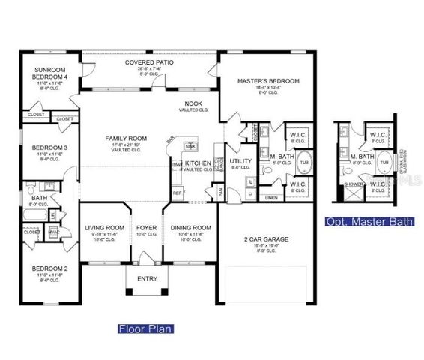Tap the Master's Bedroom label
point(268,81)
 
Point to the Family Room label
point(125,139)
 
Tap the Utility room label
point(240,161)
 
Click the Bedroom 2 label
point(49,268)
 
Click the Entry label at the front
point(146,278)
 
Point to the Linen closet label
point(270,198)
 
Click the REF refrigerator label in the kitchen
point(177,193)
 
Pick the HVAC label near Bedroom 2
point(52,232)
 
